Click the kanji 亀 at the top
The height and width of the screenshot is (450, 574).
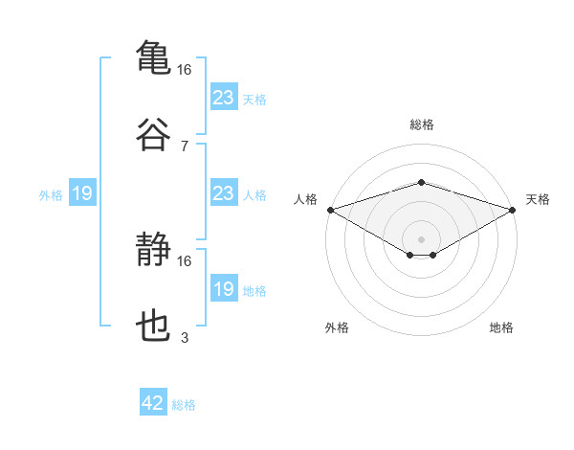tap(153, 56)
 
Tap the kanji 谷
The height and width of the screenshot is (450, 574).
tap(153, 134)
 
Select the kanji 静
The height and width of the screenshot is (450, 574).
tap(153, 249)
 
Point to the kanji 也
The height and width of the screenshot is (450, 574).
tap(153, 326)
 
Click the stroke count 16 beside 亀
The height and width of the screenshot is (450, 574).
tap(184, 70)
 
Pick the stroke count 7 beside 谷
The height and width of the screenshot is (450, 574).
tap(185, 146)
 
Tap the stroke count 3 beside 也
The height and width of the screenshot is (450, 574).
tap(185, 337)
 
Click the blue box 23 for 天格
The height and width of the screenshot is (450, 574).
tap(224, 97)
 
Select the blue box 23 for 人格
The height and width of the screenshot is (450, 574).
tap(224, 192)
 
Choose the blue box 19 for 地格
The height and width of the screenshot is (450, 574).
tap(224, 287)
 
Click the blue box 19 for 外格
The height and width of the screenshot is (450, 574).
tap(82, 192)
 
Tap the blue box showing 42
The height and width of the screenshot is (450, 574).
tap(153, 401)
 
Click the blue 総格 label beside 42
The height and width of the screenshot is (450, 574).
tap(184, 405)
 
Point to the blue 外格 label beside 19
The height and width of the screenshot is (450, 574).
tap(51, 195)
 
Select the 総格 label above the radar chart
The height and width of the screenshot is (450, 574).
tap(422, 124)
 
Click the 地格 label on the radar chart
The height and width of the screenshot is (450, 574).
tap(501, 327)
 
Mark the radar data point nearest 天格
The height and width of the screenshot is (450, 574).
tap(513, 210)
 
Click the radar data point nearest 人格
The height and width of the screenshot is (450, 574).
tap(331, 210)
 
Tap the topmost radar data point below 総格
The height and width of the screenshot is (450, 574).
tap(421, 182)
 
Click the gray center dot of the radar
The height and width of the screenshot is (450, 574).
tap(421, 239)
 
